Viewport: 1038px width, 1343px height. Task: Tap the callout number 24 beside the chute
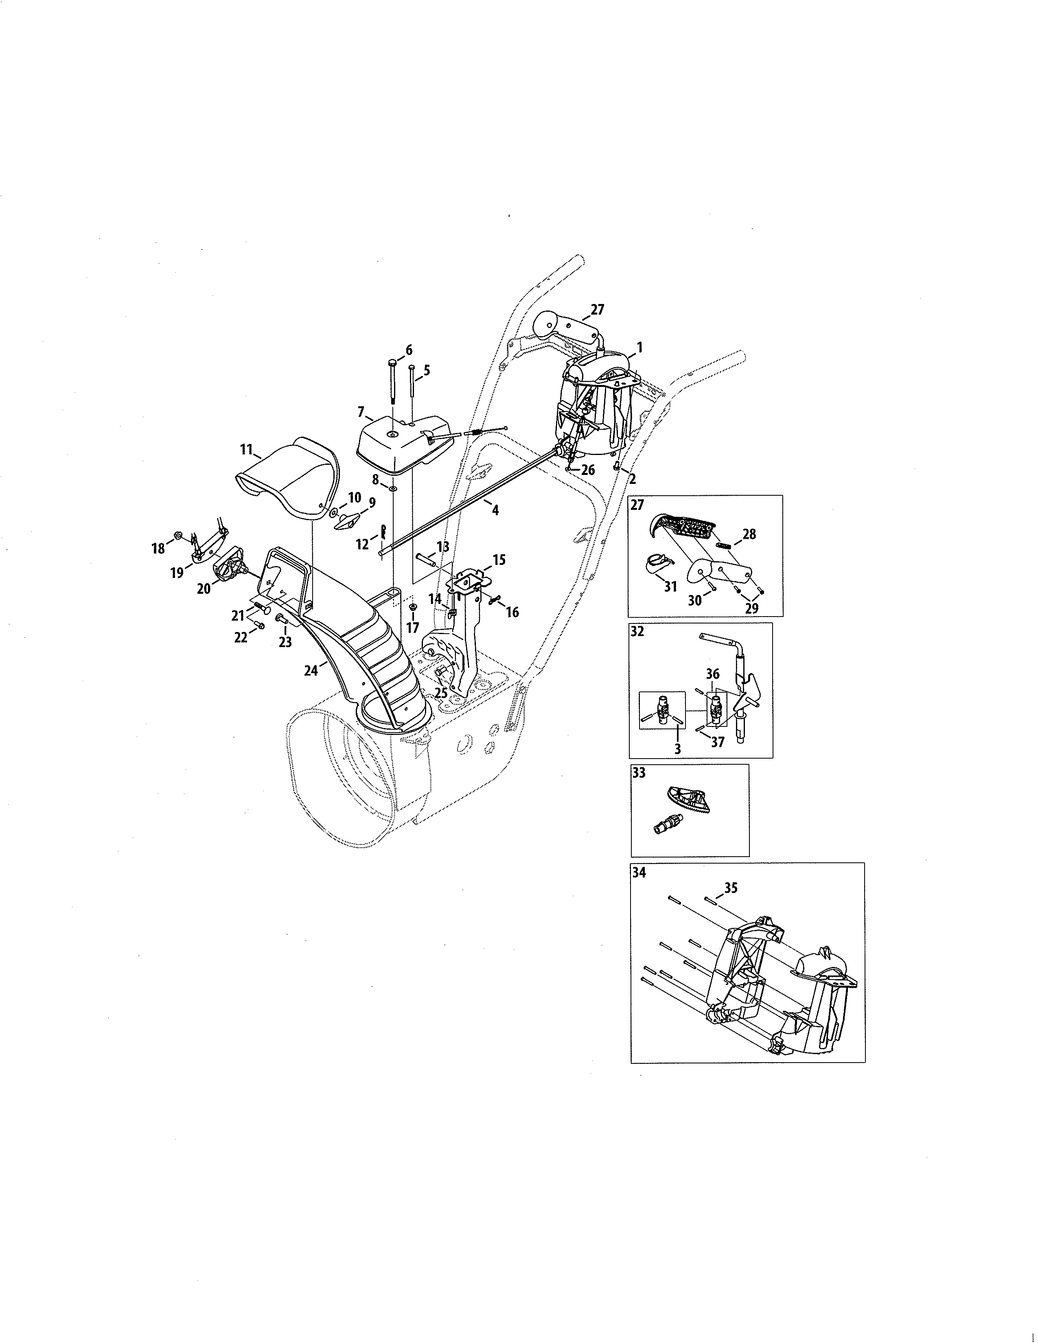click(311, 671)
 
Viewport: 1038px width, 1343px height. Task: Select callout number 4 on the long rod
click(495, 510)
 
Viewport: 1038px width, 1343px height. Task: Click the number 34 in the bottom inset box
click(639, 872)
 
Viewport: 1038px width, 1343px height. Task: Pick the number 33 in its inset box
click(639, 773)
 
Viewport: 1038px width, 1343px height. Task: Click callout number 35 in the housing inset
click(731, 888)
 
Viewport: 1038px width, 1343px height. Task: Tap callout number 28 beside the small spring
click(749, 534)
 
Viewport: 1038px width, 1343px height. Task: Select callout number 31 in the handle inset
click(670, 586)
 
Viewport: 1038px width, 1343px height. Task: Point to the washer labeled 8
click(392, 488)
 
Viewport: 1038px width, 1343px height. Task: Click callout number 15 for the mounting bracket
click(499, 560)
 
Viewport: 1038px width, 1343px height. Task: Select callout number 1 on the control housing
click(639, 348)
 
